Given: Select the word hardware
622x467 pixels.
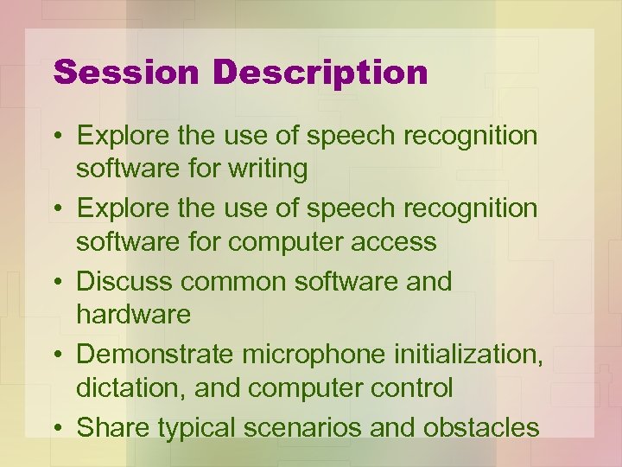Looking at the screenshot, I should pyautogui.click(x=134, y=314).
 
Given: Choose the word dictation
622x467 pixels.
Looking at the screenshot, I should pyautogui.click(x=129, y=387).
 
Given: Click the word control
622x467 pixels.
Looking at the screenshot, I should pyautogui.click(x=409, y=387).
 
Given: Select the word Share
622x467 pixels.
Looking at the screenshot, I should pyautogui.click(x=109, y=427).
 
